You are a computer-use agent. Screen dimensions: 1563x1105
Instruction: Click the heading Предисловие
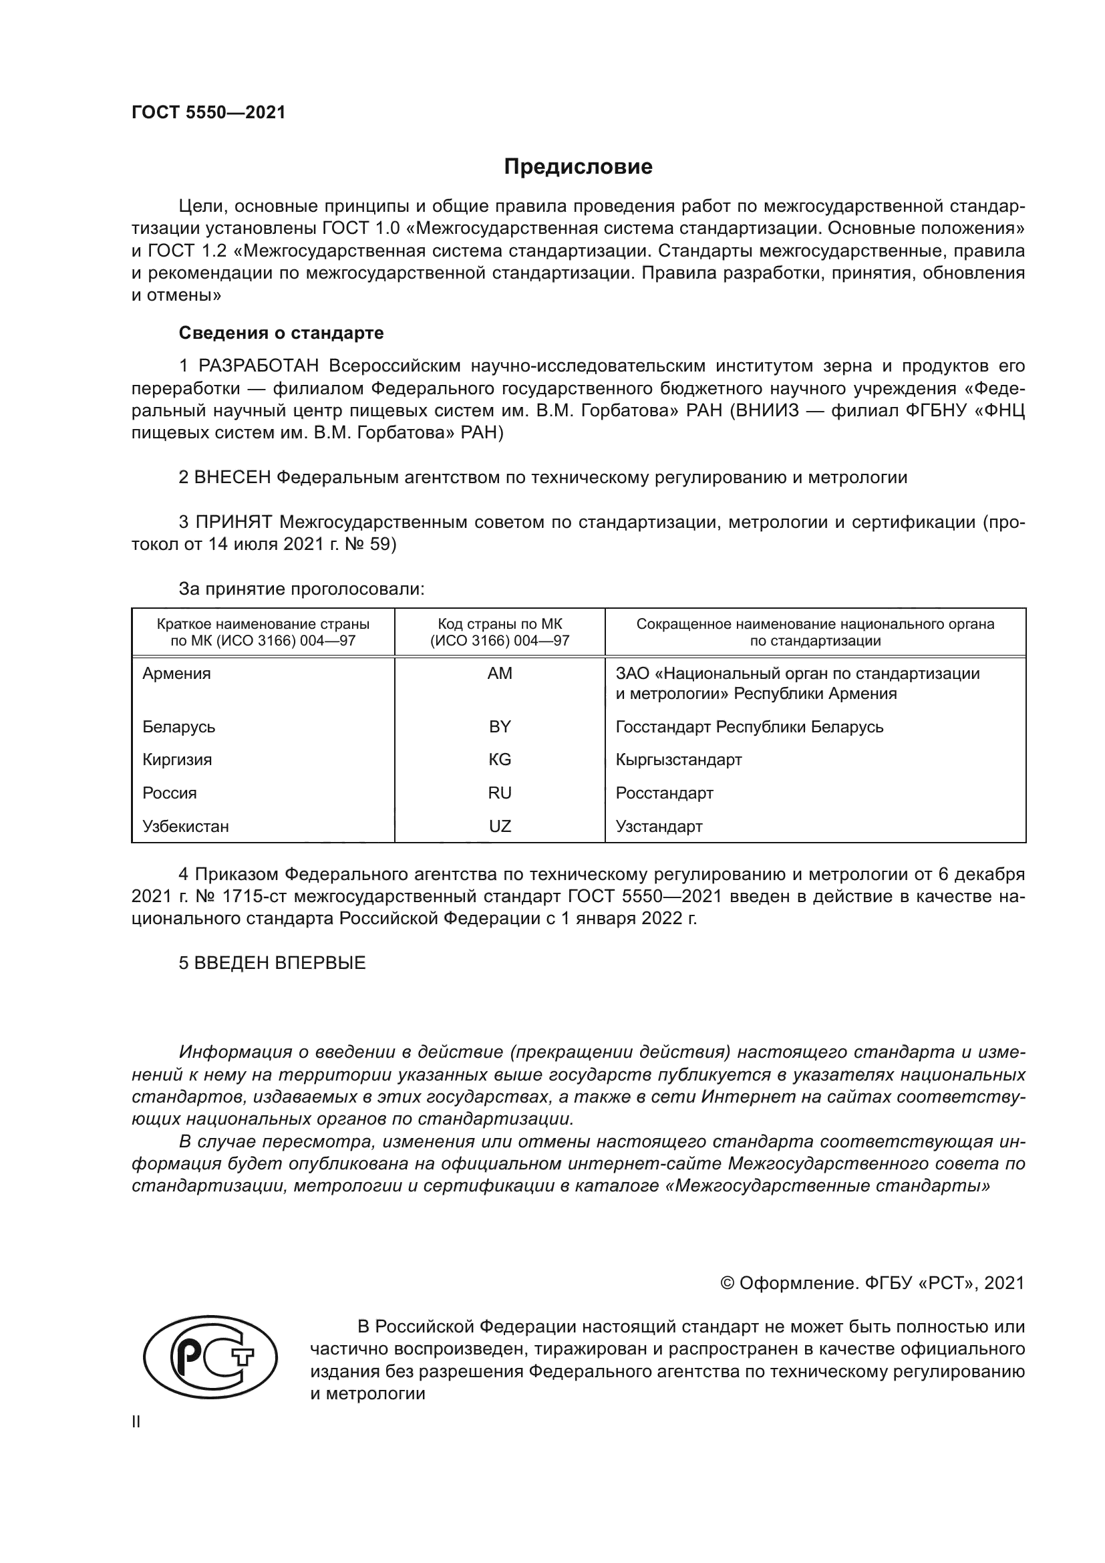tap(578, 167)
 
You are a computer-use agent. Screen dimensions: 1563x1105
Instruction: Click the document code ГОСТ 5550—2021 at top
tap(208, 113)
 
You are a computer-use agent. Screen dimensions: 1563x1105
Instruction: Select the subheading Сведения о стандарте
tap(281, 333)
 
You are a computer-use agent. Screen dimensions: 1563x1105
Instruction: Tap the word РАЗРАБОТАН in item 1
tap(259, 366)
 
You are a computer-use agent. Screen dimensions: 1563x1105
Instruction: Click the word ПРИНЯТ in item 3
tap(234, 522)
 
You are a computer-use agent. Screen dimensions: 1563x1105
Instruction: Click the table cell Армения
tap(177, 674)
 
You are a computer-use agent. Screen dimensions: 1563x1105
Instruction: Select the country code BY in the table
tap(500, 726)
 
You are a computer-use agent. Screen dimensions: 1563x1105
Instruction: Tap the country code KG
tap(500, 759)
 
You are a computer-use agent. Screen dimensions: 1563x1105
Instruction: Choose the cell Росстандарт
tap(664, 793)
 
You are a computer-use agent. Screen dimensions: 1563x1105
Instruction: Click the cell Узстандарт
tap(659, 826)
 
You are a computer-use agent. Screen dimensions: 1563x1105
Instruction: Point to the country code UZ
tap(500, 826)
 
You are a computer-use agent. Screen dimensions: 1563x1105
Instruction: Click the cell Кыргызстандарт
tap(678, 759)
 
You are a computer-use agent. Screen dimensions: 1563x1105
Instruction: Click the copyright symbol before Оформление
tap(727, 1283)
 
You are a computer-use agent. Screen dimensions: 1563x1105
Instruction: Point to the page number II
tap(136, 1421)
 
